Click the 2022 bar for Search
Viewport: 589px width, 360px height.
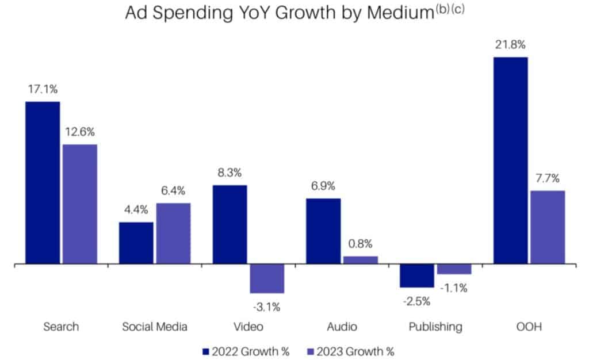(x=43, y=183)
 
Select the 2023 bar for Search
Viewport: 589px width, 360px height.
(x=80, y=204)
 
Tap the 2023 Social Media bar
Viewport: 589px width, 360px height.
(x=173, y=233)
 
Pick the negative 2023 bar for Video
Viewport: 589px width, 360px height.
(x=267, y=279)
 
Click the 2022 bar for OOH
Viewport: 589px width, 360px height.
(x=510, y=160)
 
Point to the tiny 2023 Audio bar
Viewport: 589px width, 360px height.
(x=361, y=260)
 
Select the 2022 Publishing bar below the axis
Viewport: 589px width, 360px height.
(x=417, y=276)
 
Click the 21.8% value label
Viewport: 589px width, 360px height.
(x=510, y=45)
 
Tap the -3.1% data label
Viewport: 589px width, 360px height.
(x=266, y=307)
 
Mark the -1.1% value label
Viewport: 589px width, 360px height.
(x=453, y=288)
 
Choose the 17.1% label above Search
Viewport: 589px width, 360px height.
(x=43, y=89)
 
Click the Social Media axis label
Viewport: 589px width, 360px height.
(x=155, y=327)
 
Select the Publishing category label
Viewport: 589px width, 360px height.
(x=435, y=327)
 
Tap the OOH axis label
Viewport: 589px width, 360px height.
(x=529, y=327)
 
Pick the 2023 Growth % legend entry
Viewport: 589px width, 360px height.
(x=352, y=350)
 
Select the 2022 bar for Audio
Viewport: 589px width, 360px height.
(x=323, y=231)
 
